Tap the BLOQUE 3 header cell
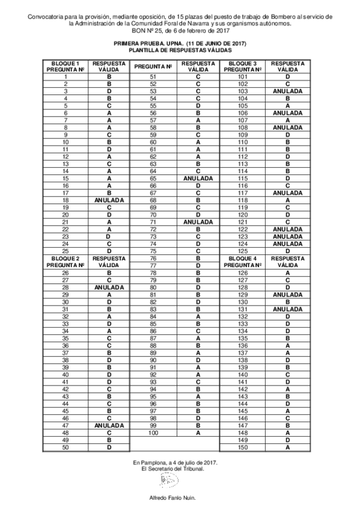tap(243, 67)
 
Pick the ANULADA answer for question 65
tap(198, 179)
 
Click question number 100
tap(153, 432)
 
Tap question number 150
tap(243, 447)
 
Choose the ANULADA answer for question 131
tap(287, 309)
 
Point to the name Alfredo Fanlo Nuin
tap(172, 499)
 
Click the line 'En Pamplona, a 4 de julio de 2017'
tap(175, 461)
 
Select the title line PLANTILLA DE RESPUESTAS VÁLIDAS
tap(180, 52)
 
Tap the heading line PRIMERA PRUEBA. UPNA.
tap(180, 45)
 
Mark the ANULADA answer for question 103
tap(287, 91)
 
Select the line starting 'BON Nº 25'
tap(180, 30)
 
